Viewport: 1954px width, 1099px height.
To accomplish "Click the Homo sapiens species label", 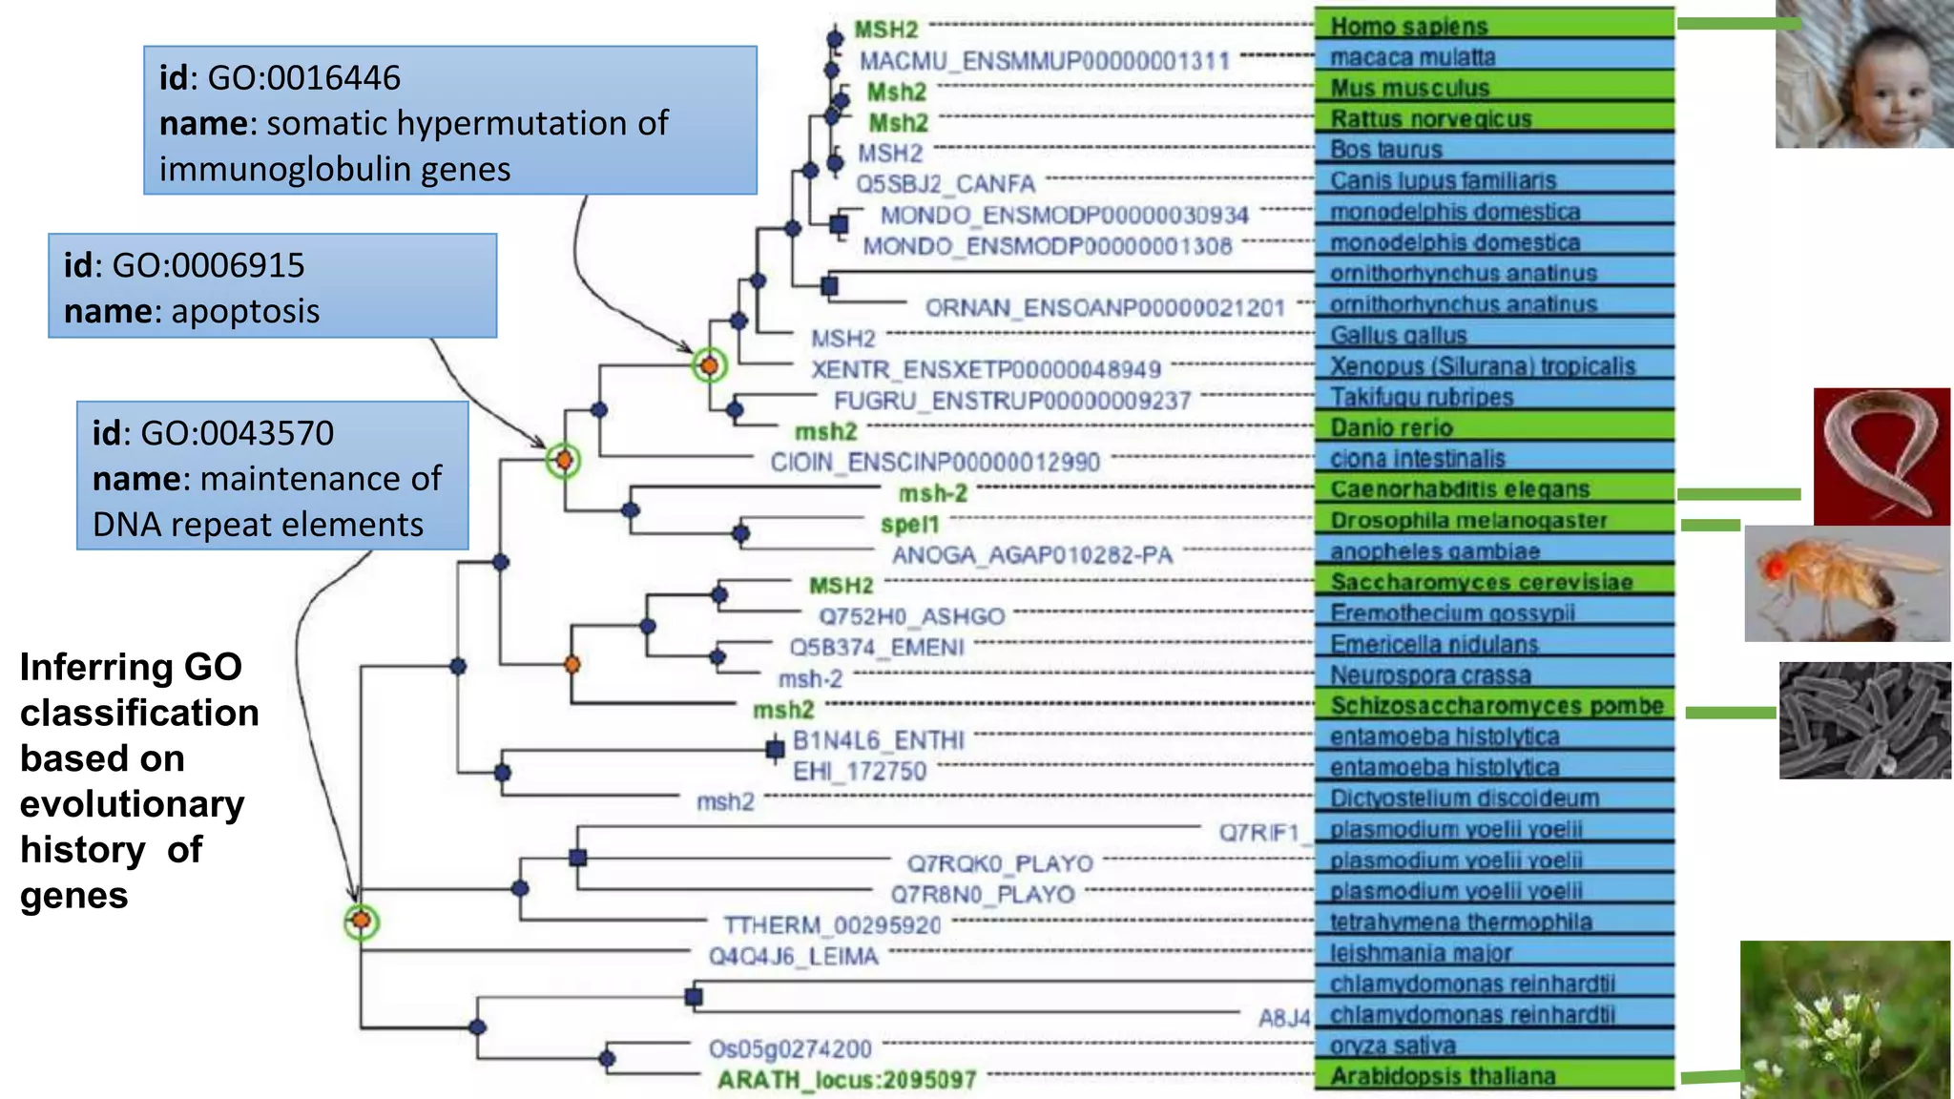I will click(x=1408, y=26).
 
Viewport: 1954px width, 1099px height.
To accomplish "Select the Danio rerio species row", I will click(x=1391, y=427).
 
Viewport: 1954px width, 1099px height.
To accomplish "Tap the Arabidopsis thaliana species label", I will click(x=1443, y=1076).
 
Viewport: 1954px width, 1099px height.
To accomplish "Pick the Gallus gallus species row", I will click(x=1398, y=335).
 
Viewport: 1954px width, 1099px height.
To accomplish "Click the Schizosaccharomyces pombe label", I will click(x=1496, y=706).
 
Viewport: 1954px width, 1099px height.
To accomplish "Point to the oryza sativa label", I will click(x=1392, y=1046).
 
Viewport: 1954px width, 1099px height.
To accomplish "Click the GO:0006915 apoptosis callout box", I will click(x=272, y=286).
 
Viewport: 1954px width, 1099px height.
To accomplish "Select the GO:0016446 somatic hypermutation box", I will click(x=449, y=121).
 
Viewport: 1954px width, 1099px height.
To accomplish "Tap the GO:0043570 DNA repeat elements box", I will click(x=272, y=476).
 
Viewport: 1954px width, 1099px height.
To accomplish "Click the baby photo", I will click(x=1863, y=74).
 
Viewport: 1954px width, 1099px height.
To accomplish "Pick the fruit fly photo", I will click(x=1846, y=583).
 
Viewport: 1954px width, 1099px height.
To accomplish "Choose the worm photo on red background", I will click(x=1881, y=455).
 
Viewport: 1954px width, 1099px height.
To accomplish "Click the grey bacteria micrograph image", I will click(x=1864, y=720).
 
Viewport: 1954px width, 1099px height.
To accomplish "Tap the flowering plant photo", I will click(x=1845, y=1019).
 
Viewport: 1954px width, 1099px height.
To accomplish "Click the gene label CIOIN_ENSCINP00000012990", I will click(x=935, y=463).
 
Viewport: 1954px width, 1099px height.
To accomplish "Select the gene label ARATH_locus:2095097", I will click(x=846, y=1080).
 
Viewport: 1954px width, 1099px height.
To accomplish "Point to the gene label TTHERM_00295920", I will click(x=831, y=925).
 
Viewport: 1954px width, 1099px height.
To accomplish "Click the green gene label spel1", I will click(x=909, y=525).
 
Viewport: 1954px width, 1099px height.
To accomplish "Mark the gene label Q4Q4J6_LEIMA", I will click(x=792, y=957).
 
